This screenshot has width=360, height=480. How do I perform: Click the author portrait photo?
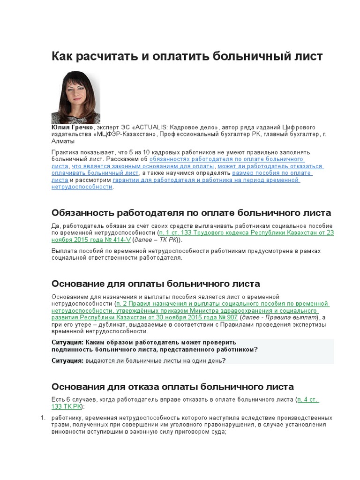point(75,97)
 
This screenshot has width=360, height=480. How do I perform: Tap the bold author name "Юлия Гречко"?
point(73,127)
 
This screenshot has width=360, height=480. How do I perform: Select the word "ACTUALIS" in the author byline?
point(152,127)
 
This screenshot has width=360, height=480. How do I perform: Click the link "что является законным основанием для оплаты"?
point(143,166)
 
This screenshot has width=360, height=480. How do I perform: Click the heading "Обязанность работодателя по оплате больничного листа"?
point(191,213)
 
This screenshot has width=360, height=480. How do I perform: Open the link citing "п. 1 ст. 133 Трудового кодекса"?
point(246,232)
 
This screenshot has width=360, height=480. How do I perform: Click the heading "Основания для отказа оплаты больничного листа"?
point(172,387)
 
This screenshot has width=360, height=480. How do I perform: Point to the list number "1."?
point(42,418)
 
